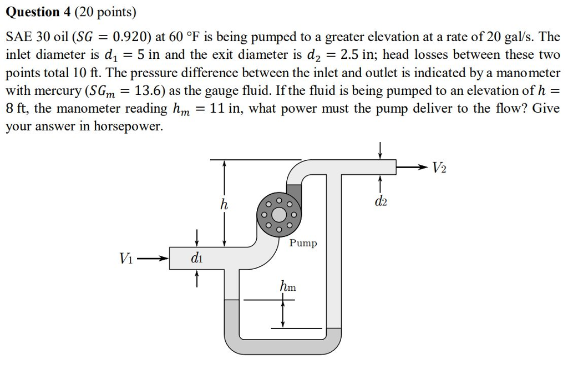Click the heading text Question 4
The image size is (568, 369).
coord(41,11)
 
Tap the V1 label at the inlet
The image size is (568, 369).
coord(126,258)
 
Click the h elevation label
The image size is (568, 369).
coord(224,205)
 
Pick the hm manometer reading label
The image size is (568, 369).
coord(288,287)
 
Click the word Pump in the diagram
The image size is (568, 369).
coord(303,243)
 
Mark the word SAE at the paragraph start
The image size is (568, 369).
coord(18,37)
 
